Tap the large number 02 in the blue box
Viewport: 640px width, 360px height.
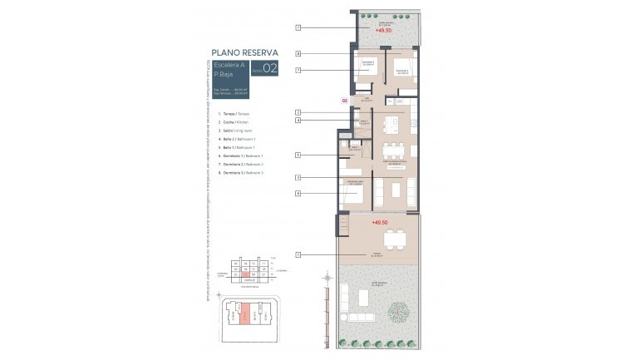(x=268, y=69)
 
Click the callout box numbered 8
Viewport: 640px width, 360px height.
(x=298, y=54)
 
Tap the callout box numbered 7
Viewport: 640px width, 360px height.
(x=298, y=71)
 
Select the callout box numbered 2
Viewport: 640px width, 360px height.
(x=298, y=112)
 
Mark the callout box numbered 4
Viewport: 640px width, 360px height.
(x=298, y=121)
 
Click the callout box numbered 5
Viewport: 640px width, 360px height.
(x=298, y=155)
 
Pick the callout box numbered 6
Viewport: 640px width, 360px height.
(x=298, y=194)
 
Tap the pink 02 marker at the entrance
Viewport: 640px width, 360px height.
(x=345, y=101)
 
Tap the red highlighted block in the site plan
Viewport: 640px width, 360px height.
(x=244, y=315)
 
